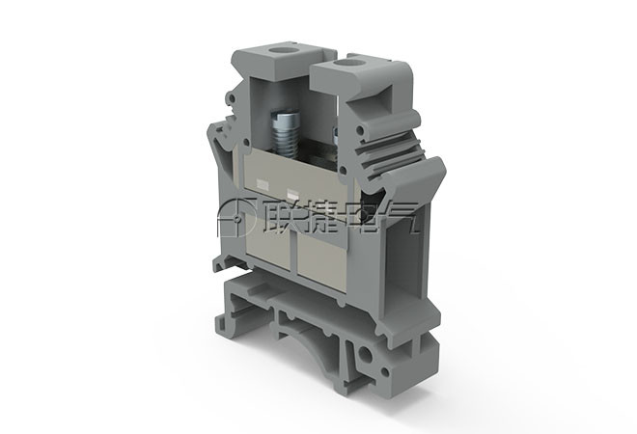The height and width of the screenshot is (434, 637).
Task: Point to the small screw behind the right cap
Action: click(x=336, y=135)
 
